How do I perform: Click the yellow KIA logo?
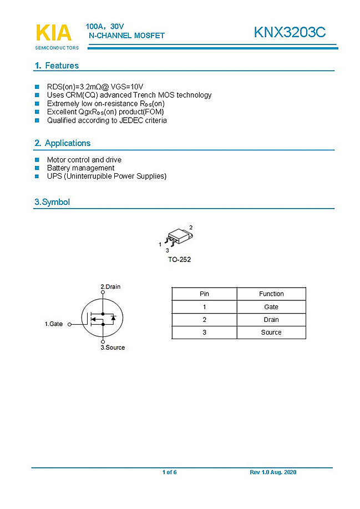53,33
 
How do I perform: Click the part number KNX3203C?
290,33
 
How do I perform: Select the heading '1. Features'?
57,65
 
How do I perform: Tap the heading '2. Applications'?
62,143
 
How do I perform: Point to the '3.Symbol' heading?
52,202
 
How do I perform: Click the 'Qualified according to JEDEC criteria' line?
107,120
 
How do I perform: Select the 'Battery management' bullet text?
80,168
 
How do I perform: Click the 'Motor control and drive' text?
84,160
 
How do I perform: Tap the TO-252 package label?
179,259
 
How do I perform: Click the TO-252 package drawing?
178,237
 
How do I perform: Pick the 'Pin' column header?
204,294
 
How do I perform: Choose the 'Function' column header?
271,294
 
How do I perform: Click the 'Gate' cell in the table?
271,307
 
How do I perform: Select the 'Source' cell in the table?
271,332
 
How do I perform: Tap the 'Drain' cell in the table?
271,320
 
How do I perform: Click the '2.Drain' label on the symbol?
110,286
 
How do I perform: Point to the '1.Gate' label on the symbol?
54,324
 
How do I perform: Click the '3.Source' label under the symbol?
113,347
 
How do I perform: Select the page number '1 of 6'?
169,472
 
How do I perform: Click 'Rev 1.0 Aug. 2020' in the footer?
273,472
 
